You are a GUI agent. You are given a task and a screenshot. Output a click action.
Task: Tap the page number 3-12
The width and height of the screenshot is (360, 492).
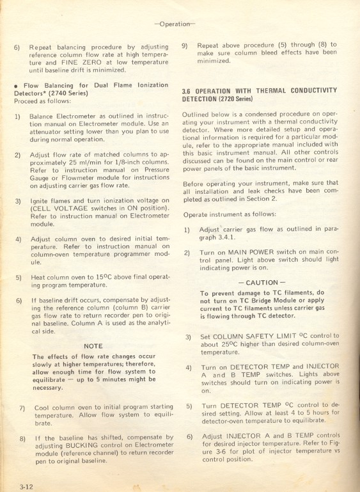point(26,487)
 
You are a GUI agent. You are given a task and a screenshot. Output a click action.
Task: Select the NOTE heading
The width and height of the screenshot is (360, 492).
point(93,346)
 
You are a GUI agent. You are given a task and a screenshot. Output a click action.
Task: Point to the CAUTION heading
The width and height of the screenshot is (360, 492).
point(260,282)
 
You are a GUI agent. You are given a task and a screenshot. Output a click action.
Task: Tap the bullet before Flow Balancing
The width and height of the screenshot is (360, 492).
point(14,85)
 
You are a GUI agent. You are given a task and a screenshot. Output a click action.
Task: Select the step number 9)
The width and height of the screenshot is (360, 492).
point(185,45)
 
